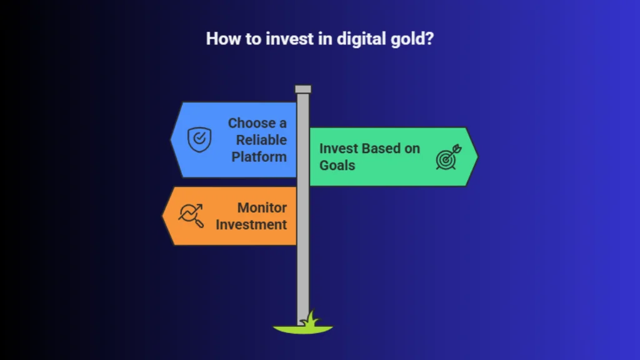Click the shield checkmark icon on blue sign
(x=199, y=139)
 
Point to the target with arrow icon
(x=449, y=157)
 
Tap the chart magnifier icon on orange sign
(x=191, y=215)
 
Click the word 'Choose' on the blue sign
(x=251, y=123)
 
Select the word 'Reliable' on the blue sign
(x=261, y=140)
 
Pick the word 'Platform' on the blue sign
(x=259, y=157)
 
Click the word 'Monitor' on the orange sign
(x=262, y=207)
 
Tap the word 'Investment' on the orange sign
(x=251, y=224)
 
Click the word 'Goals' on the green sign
(x=337, y=165)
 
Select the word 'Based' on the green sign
(x=382, y=149)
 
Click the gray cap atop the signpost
(x=303, y=89)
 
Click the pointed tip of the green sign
(x=477, y=157)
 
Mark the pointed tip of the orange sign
(x=163, y=216)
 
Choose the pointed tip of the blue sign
(x=171, y=139)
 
